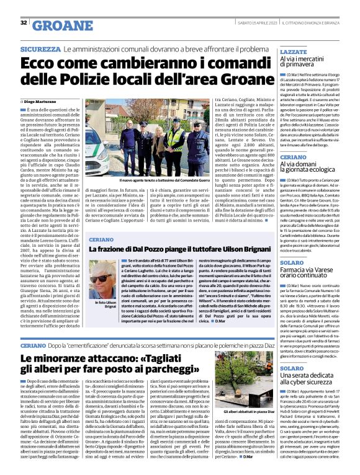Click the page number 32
23,22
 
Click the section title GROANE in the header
58,25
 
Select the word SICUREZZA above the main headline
40,48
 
